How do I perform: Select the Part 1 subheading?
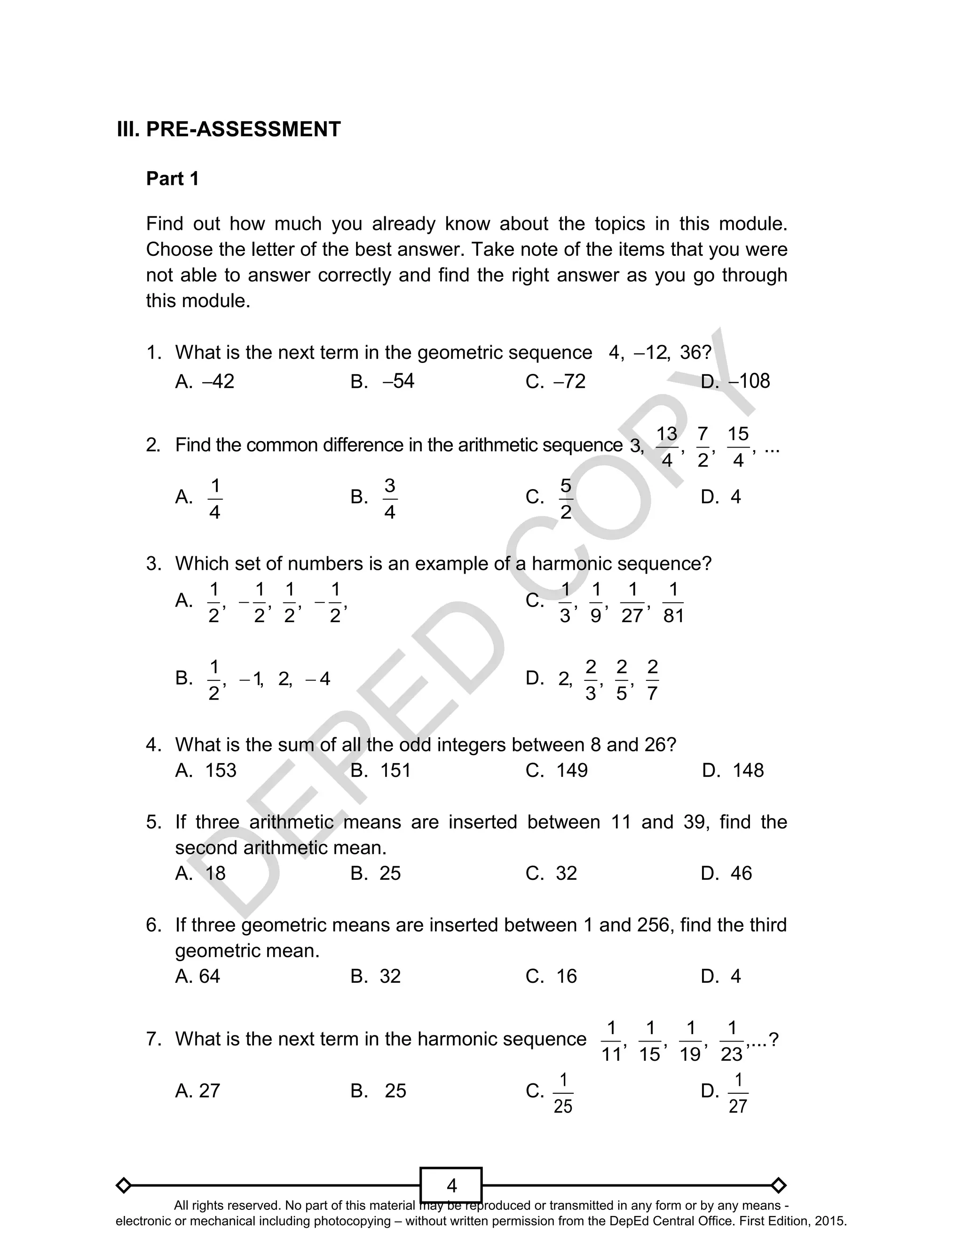pyautogui.click(x=173, y=179)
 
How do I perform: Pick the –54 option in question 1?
pyautogui.click(x=398, y=381)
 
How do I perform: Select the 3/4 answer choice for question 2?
pyautogui.click(x=390, y=498)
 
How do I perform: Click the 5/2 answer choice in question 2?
pyautogui.click(x=565, y=498)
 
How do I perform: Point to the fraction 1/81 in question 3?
pyautogui.click(x=673, y=602)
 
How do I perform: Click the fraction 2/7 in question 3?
pyautogui.click(x=652, y=680)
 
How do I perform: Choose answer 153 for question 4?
pyautogui.click(x=221, y=770)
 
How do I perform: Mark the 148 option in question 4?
pyautogui.click(x=748, y=770)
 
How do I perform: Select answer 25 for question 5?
pyautogui.click(x=390, y=873)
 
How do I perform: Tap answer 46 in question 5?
pyautogui.click(x=741, y=873)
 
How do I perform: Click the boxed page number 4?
pyautogui.click(x=451, y=1185)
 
